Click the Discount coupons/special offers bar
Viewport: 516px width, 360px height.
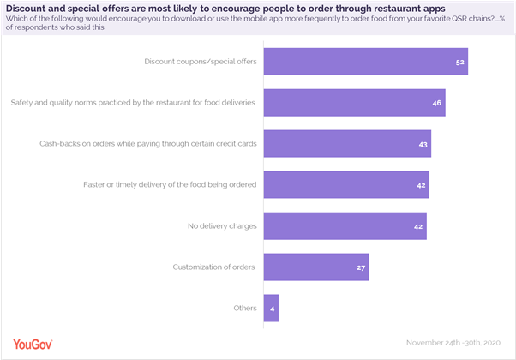coord(365,62)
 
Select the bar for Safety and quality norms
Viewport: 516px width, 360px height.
coord(354,103)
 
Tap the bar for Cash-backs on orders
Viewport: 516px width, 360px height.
coord(347,144)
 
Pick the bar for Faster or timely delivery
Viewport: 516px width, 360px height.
coord(345,184)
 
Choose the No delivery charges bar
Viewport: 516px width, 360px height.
coord(345,225)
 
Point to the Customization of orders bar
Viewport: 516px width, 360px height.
coord(315,267)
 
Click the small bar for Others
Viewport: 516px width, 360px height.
coord(271,308)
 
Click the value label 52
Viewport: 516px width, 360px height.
coord(460,63)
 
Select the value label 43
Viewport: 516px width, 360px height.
coord(423,145)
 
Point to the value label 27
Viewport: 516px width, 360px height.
coord(361,267)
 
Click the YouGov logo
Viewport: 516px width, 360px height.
coord(27,344)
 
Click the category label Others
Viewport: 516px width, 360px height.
coord(244,308)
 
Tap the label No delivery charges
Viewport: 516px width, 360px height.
coord(222,225)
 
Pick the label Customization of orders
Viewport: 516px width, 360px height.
coord(213,267)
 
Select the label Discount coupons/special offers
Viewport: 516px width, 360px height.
coord(200,62)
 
